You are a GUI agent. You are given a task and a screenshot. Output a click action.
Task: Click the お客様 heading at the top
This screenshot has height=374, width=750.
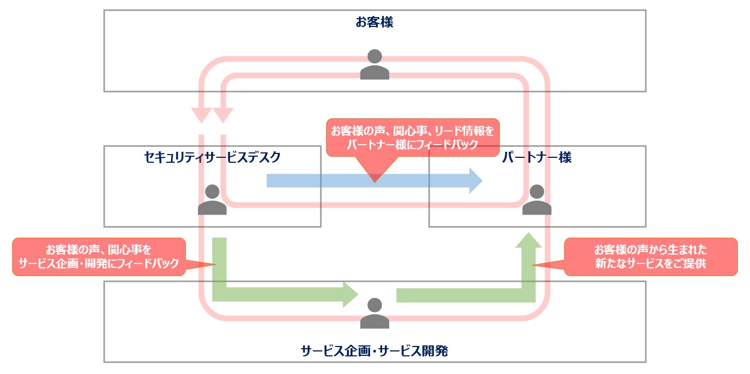click(374, 23)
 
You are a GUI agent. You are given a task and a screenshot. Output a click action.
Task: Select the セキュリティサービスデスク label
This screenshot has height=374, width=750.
click(212, 158)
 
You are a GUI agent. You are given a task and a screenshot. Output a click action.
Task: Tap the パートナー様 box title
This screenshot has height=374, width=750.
click(537, 158)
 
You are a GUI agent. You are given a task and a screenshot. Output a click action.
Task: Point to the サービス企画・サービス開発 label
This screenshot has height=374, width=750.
click(374, 351)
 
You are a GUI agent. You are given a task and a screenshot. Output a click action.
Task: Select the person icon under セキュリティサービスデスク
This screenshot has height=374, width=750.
click(212, 200)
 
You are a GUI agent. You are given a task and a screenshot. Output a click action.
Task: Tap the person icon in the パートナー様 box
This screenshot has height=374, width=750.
click(537, 200)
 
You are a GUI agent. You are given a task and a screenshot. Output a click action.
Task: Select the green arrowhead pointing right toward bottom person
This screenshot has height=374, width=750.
click(350, 294)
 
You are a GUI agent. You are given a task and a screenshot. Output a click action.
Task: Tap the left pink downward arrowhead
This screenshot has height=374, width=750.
click(201, 115)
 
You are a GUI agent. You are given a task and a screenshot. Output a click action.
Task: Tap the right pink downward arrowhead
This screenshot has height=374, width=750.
click(223, 115)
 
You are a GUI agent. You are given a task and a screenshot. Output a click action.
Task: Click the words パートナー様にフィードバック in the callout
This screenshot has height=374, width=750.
click(412, 144)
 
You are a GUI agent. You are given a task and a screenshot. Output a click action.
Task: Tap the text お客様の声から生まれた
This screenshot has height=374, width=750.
click(650, 249)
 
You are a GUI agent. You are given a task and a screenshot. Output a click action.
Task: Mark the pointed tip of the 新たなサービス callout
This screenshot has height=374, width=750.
click(533, 265)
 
